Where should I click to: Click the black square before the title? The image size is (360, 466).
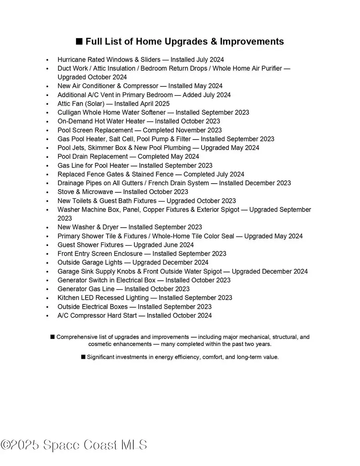pyautogui.click(x=79, y=42)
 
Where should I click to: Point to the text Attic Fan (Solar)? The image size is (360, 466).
pyautogui.click(x=81, y=104)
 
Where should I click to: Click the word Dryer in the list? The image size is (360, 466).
pyautogui.click(x=111, y=227)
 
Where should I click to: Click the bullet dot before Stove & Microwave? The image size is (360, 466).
pyautogui.click(x=48, y=192)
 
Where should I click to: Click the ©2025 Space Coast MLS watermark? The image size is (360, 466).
pyautogui.click(x=74, y=445)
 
